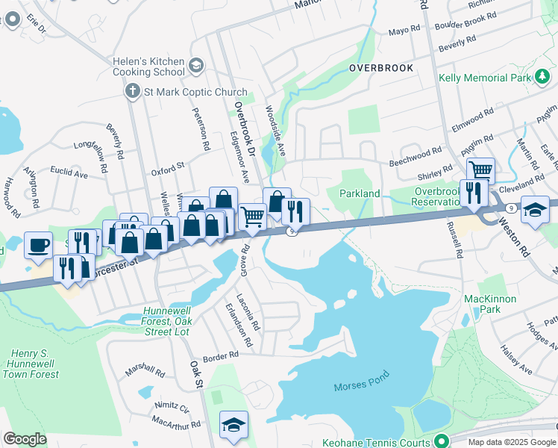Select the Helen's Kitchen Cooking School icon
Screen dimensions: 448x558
[x=196, y=66]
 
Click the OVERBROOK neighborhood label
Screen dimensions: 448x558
[x=380, y=68]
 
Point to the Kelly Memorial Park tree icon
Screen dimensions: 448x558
[x=542, y=78]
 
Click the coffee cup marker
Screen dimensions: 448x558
[x=38, y=244]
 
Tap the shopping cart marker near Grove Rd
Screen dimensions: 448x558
[x=253, y=217]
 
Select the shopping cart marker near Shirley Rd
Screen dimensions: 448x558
[x=481, y=171]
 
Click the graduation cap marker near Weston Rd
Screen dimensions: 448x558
[x=536, y=209]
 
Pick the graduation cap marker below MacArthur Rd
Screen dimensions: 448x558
[x=233, y=424]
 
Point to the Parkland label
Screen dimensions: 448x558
[x=360, y=193]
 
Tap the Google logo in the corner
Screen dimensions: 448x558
[x=25, y=439]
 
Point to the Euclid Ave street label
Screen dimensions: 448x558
[x=69, y=174]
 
